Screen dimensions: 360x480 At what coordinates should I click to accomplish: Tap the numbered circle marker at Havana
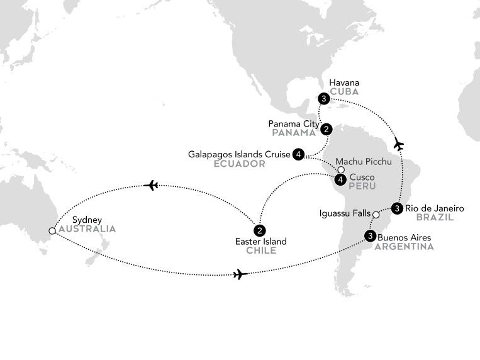(323, 99)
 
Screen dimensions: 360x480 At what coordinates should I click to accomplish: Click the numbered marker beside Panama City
(326, 130)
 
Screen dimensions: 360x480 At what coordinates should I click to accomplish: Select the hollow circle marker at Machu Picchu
(340, 170)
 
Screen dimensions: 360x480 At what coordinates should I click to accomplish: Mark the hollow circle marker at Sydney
(52, 231)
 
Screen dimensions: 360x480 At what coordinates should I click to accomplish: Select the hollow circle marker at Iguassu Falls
(376, 215)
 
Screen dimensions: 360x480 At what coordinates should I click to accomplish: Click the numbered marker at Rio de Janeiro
(397, 208)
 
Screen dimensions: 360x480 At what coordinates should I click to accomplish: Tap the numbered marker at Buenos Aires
(370, 237)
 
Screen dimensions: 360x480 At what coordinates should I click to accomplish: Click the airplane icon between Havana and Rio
(397, 145)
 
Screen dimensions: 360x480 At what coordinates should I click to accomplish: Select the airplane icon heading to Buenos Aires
(238, 274)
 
